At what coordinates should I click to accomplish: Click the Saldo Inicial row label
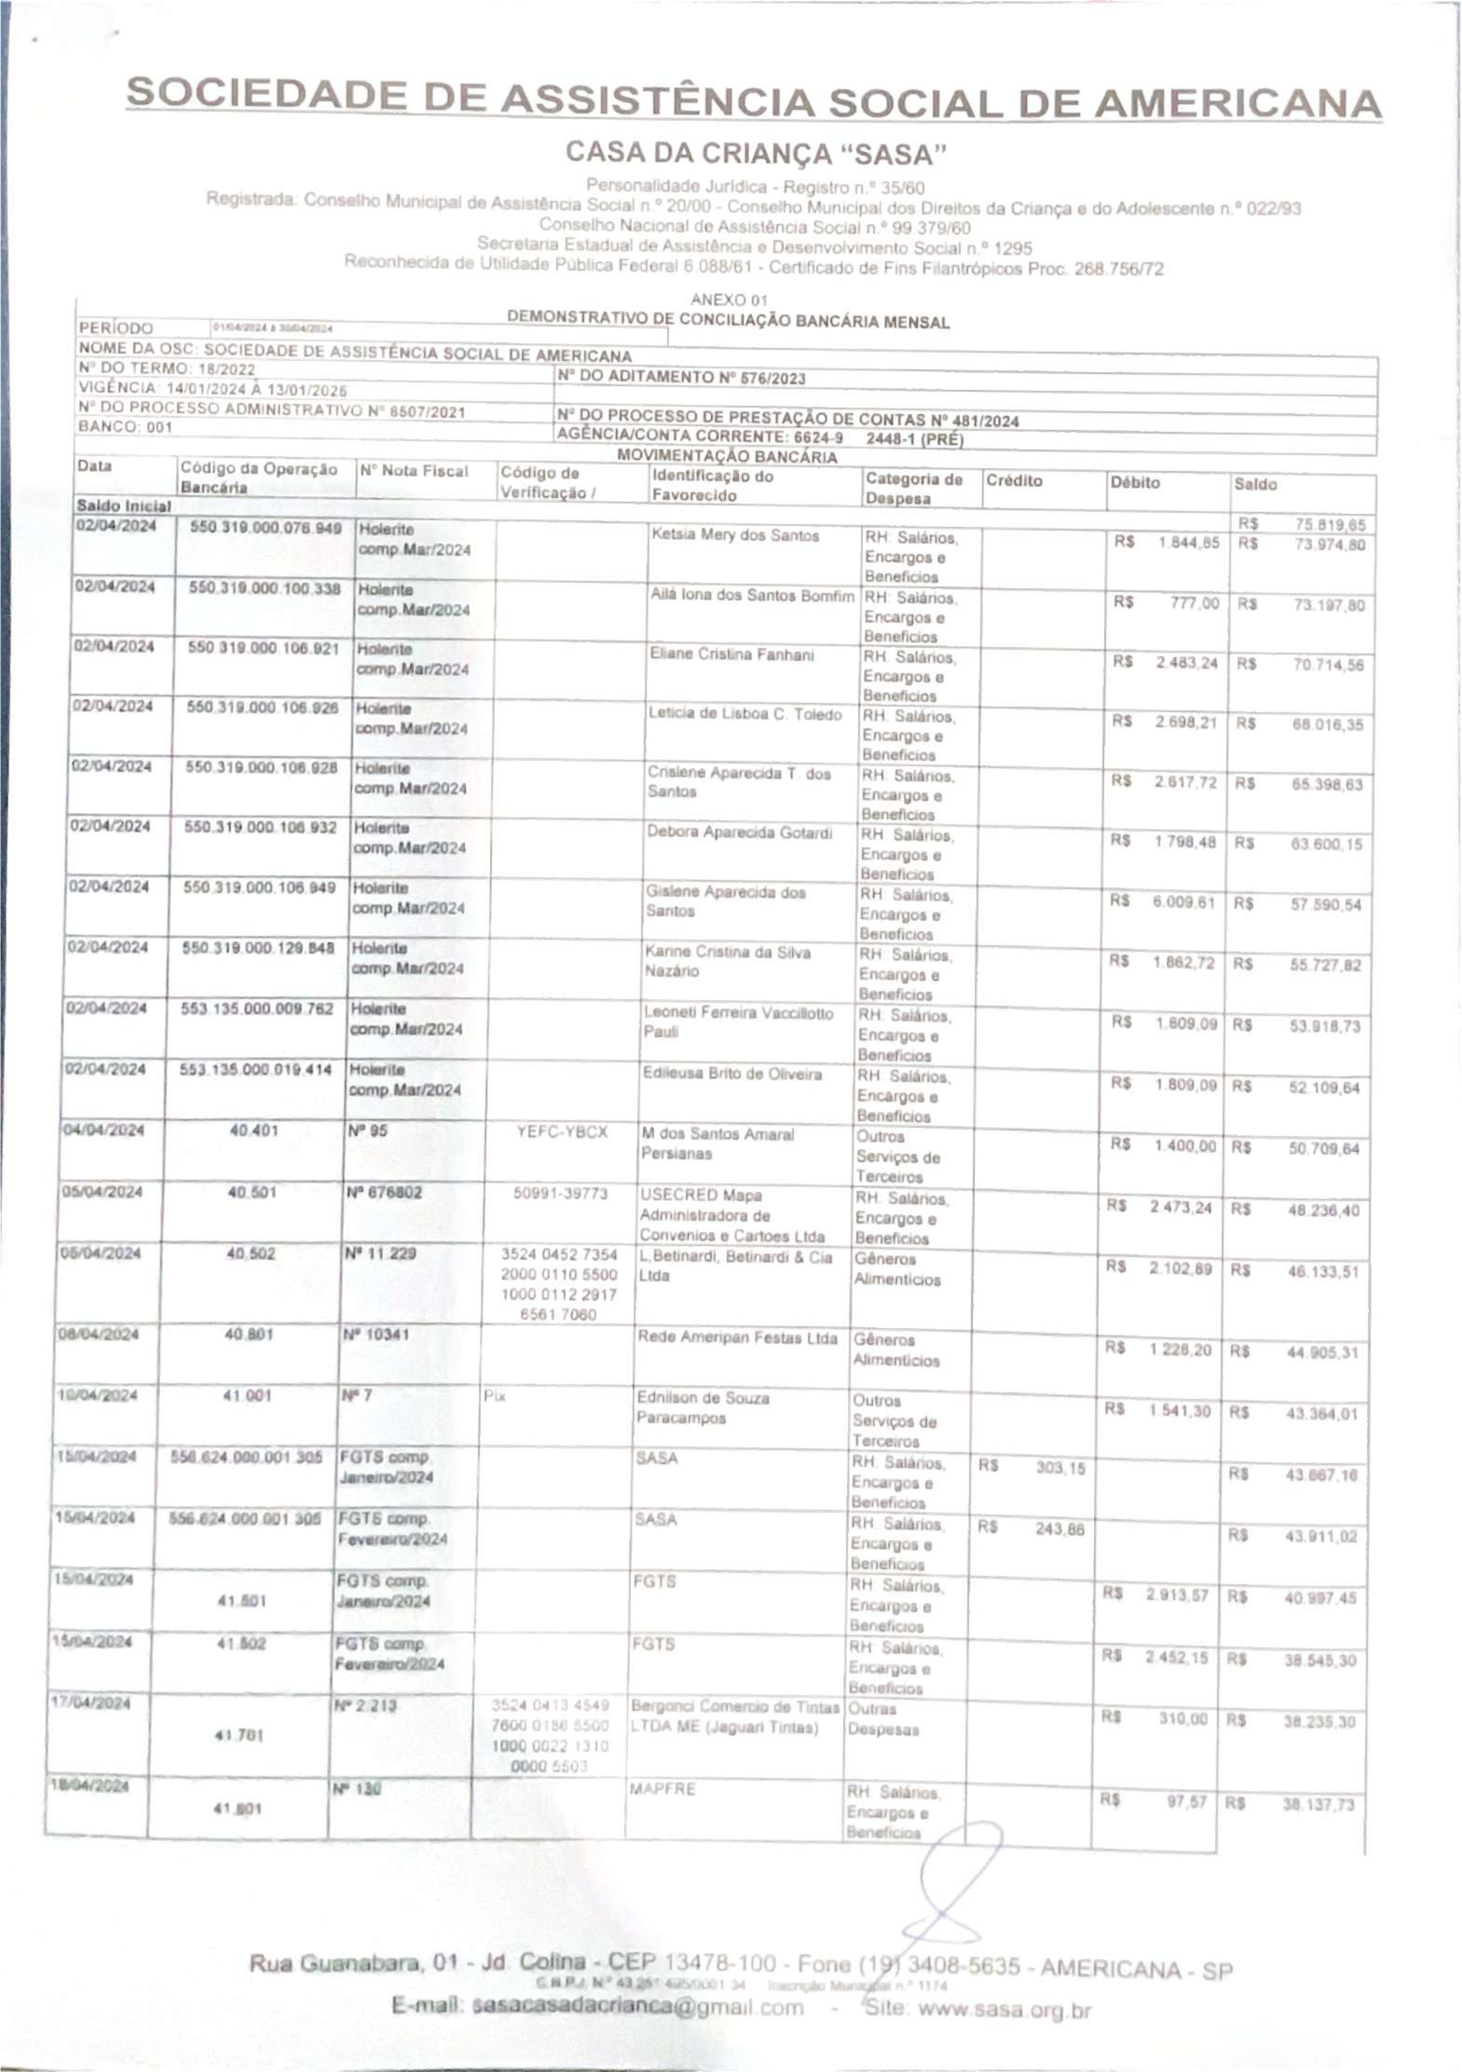124,506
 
